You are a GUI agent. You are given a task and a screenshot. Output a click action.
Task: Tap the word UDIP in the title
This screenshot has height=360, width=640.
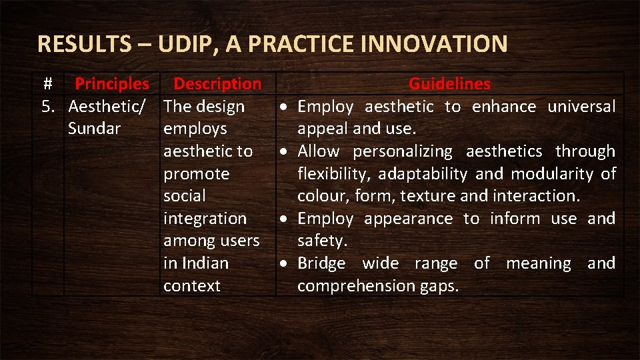pos(185,44)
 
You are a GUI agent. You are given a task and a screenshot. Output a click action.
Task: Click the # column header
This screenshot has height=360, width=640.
pos(47,84)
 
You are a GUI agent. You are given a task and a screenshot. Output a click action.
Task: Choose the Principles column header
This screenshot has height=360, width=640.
pos(112,84)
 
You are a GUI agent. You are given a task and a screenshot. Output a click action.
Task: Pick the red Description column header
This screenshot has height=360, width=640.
pos(217,84)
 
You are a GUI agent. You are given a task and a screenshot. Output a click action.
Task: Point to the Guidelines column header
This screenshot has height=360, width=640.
pos(449,84)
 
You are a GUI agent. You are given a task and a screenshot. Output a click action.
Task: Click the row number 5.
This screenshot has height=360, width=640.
pos(49,107)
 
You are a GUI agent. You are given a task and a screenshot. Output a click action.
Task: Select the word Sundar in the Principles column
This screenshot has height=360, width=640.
pos(94,129)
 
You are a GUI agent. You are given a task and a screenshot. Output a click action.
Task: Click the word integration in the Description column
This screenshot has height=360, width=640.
pos(205,219)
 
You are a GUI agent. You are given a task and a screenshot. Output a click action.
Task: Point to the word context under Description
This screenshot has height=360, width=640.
pos(191,286)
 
